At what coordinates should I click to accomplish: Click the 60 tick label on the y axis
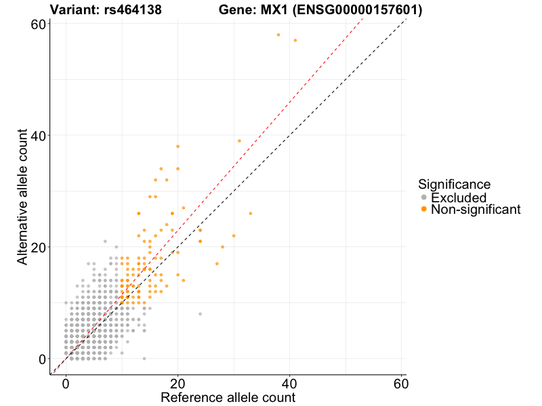click(x=37, y=24)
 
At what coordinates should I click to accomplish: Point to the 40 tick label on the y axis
click(x=37, y=135)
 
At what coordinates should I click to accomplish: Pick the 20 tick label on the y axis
click(x=37, y=247)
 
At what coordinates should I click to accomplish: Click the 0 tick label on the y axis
click(x=41, y=359)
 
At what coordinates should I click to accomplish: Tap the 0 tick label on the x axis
click(x=66, y=383)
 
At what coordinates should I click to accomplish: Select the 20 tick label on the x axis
click(x=178, y=383)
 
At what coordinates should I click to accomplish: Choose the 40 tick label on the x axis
click(x=289, y=383)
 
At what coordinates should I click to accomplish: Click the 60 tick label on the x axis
click(x=400, y=383)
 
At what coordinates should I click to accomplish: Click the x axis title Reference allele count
click(x=228, y=397)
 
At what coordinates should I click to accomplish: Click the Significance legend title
click(x=454, y=184)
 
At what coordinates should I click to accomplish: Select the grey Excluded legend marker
click(x=424, y=198)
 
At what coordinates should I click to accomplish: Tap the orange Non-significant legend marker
click(x=424, y=210)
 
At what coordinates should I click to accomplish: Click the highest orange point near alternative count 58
click(x=278, y=35)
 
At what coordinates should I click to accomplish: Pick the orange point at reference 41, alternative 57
click(x=295, y=41)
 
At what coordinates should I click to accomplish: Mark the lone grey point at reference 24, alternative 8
click(x=200, y=314)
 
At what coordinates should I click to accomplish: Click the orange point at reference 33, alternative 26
click(x=250, y=213)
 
